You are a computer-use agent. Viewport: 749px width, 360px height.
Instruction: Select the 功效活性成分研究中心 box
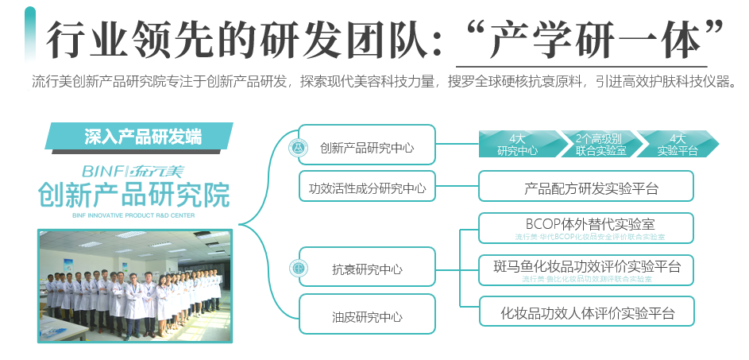pyautogui.click(x=367, y=188)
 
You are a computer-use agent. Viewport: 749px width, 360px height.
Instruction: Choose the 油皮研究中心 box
pyautogui.click(x=367, y=315)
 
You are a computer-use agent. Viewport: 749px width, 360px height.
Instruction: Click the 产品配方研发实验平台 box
pyautogui.click(x=586, y=188)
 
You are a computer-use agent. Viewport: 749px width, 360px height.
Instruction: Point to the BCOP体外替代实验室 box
pyautogui.click(x=586, y=226)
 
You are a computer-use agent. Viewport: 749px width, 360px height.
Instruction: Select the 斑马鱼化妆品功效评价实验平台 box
pyautogui.click(x=586, y=269)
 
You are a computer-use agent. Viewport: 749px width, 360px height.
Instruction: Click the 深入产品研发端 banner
pyautogui.click(x=140, y=136)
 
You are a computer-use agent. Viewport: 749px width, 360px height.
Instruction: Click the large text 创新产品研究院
pyautogui.click(x=133, y=194)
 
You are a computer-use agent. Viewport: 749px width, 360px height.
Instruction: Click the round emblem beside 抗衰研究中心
pyautogui.click(x=299, y=269)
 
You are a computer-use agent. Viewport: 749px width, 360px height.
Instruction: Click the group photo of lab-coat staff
pyautogui.click(x=135, y=285)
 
